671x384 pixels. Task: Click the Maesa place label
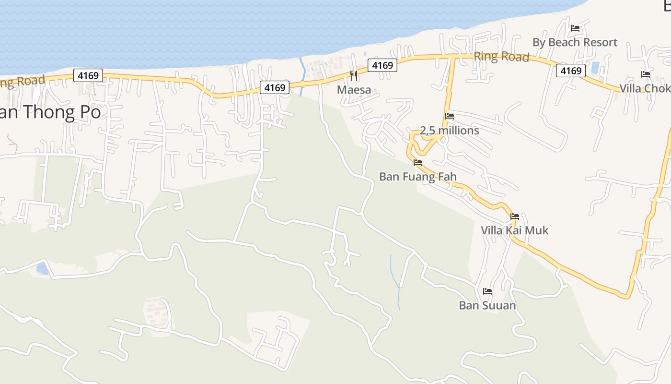[354, 90]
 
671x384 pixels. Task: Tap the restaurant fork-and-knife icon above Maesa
[354, 75]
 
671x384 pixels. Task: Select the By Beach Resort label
[575, 42]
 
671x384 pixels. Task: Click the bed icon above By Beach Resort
[575, 28]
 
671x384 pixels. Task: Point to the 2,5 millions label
[449, 131]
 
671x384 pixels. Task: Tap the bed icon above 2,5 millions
[450, 116]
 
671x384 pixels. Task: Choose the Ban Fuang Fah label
[417, 177]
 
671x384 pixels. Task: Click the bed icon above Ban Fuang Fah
[418, 163]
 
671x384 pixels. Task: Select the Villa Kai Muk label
[514, 230]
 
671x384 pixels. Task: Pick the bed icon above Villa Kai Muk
[515, 216]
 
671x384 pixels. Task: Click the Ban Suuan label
[487, 305]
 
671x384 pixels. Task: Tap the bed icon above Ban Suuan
[487, 291]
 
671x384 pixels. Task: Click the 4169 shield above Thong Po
[88, 75]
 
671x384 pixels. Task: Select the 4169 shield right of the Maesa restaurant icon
[382, 65]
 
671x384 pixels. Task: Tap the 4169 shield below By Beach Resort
[571, 71]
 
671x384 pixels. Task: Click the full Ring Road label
[501, 57]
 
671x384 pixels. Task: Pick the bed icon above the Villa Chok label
[646, 74]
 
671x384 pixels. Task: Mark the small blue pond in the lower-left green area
[42, 268]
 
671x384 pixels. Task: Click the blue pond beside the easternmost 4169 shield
[595, 68]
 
